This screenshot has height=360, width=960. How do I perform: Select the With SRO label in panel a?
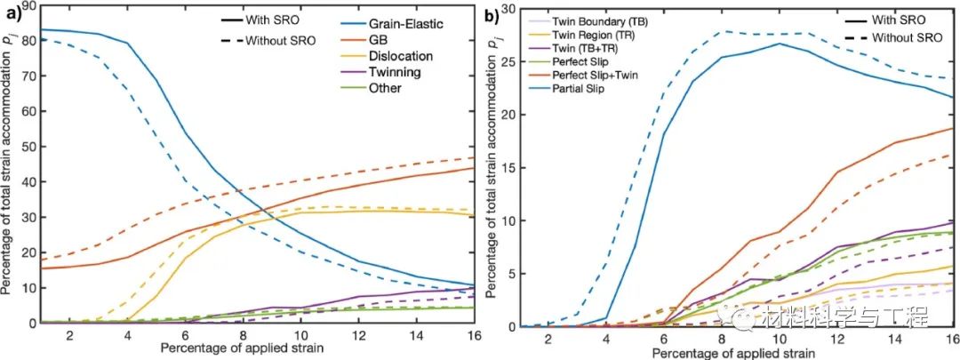pyautogui.click(x=271, y=19)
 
